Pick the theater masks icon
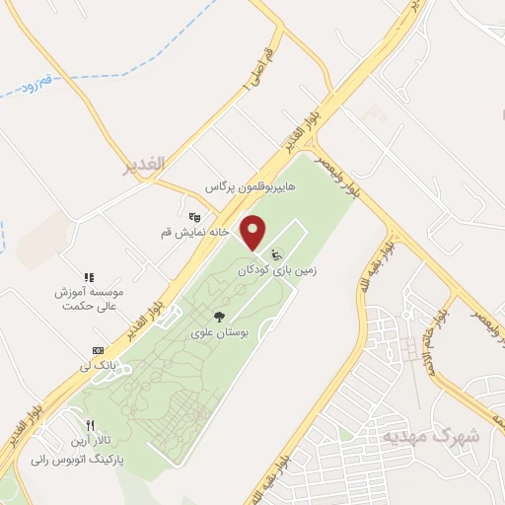(x=193, y=216)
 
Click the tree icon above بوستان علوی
(x=218, y=318)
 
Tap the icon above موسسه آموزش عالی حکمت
(x=89, y=276)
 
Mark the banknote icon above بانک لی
(x=98, y=351)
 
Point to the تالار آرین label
(x=86, y=441)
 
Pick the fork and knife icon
(x=90, y=426)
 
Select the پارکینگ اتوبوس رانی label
(x=73, y=459)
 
